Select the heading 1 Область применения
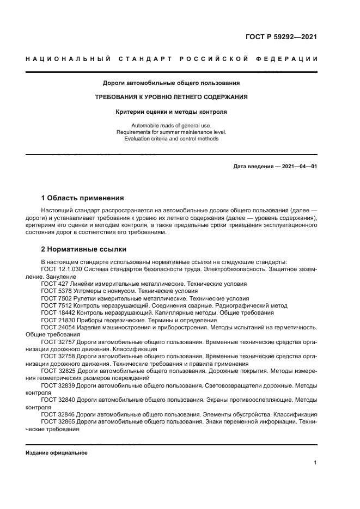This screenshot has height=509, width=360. [x=83, y=198]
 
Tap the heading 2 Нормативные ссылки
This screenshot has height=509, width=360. [x=84, y=249]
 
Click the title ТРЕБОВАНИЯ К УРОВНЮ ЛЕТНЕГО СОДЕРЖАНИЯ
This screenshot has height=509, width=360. [x=172, y=97]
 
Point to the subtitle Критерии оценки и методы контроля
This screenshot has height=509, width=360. [x=172, y=112]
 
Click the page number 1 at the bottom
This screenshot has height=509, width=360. [x=315, y=463]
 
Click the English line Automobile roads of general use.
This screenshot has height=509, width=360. [x=172, y=126]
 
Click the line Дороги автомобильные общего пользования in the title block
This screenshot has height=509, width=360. [x=172, y=83]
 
